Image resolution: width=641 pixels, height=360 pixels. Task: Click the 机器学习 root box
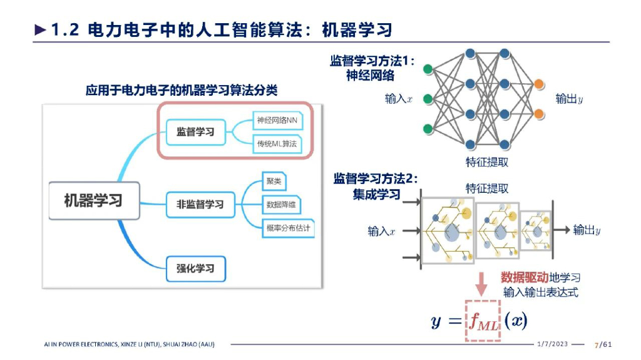pyautogui.click(x=93, y=201)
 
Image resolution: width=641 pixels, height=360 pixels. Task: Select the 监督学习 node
pyautogui.click(x=195, y=131)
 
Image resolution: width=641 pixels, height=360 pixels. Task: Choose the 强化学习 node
pyautogui.click(x=195, y=269)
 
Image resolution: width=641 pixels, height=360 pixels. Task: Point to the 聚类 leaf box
pyautogui.click(x=274, y=182)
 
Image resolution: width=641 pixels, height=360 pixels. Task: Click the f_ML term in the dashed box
pyautogui.click(x=483, y=321)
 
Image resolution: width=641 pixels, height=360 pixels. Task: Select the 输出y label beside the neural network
pyautogui.click(x=570, y=99)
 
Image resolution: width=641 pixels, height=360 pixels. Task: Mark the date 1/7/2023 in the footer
pyautogui.click(x=554, y=344)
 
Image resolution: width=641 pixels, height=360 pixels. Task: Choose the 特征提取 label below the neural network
pyautogui.click(x=486, y=162)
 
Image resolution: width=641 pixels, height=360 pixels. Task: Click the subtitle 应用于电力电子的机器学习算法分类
pyautogui.click(x=182, y=91)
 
